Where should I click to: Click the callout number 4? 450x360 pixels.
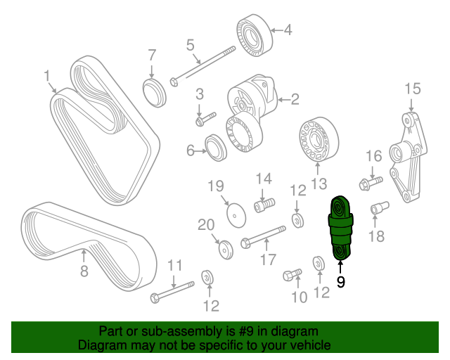click(287, 30)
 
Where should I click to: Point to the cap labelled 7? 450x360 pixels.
click(153, 92)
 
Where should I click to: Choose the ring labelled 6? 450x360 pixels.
click(214, 150)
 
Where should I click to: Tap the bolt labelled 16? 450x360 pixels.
click(368, 184)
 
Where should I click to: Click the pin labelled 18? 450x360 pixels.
click(378, 209)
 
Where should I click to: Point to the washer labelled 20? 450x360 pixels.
click(224, 250)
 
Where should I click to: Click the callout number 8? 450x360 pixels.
click(84, 271)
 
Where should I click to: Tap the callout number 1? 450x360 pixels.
click(47, 75)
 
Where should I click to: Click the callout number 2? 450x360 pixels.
click(295, 99)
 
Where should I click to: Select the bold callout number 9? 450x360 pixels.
click(341, 283)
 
